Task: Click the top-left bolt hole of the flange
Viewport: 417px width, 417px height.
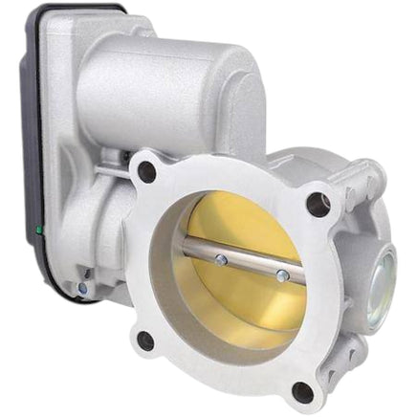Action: (146, 171)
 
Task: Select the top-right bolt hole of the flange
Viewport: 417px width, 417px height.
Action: (317, 203)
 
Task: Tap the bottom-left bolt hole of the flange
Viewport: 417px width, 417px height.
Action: (145, 340)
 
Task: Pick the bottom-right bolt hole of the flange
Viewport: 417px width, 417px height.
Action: (302, 390)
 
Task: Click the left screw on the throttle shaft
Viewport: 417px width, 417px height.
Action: (222, 258)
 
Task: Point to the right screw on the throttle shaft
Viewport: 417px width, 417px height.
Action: (283, 275)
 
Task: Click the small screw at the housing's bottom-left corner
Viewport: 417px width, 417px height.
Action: (83, 287)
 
